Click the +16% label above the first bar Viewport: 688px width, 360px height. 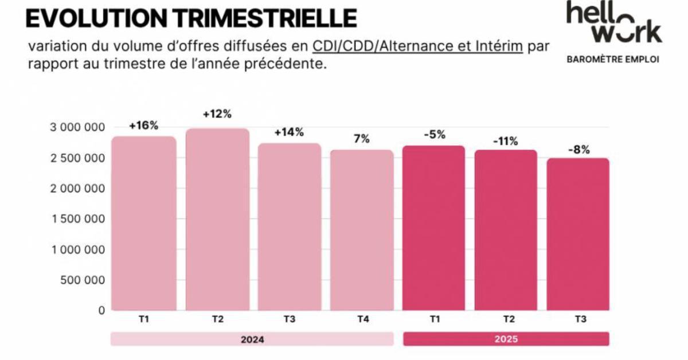143,126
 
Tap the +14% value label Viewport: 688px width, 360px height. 289,132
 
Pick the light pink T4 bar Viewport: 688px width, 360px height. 362,229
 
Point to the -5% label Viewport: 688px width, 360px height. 433,135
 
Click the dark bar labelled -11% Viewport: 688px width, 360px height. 506,229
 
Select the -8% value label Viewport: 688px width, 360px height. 578,150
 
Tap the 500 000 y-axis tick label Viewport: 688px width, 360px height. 81,280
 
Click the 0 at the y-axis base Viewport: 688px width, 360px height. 101,311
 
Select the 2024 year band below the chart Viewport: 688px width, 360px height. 252,339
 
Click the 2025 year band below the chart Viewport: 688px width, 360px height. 506,339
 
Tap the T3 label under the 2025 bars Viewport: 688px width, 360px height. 578,319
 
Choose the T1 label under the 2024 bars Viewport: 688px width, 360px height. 143,319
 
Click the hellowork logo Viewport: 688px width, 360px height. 613,23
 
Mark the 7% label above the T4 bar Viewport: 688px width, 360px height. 362,139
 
